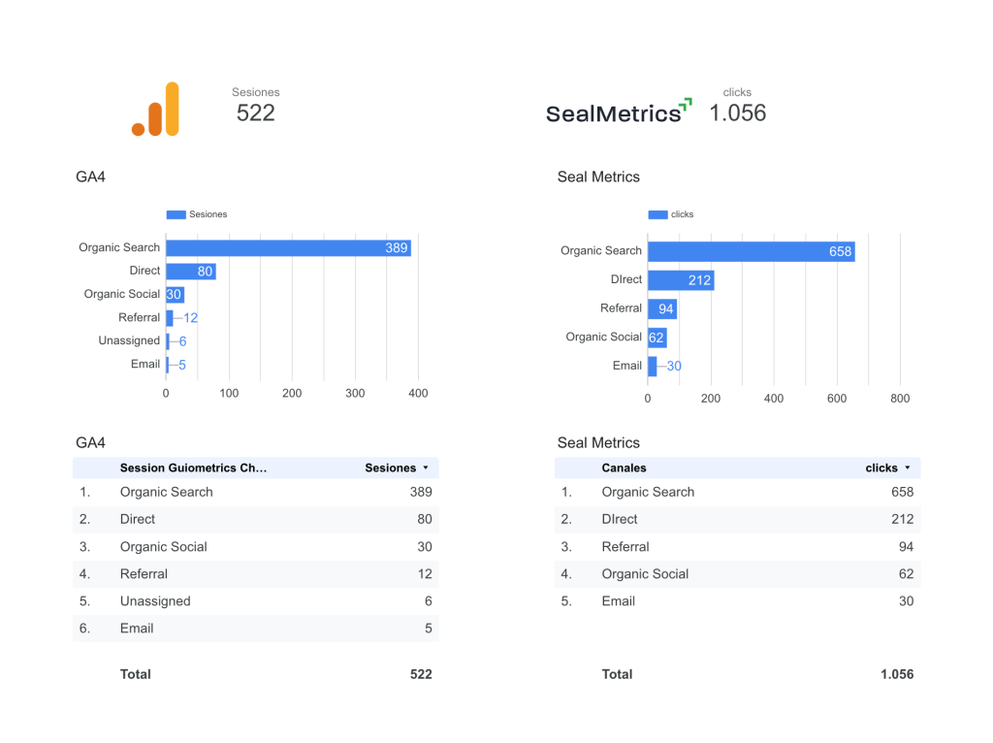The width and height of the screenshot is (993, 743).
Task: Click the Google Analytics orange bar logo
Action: (157, 110)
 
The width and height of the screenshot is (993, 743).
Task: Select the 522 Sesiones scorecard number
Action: (256, 113)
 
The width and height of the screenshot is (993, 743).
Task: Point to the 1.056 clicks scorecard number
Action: (737, 113)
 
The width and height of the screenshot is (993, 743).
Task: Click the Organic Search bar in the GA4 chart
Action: (288, 248)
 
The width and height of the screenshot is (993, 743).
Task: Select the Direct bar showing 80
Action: (190, 272)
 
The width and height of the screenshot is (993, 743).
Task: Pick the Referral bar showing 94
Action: (662, 308)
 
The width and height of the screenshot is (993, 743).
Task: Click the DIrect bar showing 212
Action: (680, 280)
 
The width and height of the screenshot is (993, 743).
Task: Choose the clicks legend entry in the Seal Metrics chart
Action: (671, 214)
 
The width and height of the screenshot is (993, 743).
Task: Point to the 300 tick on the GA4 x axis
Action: (356, 393)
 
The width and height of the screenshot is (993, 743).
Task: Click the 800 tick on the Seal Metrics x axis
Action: (899, 398)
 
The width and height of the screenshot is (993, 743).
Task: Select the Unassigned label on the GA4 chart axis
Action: (129, 340)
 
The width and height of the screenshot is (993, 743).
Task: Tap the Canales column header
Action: (624, 468)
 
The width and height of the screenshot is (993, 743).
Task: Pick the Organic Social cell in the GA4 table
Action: (163, 546)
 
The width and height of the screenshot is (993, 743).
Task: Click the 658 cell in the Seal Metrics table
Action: (902, 492)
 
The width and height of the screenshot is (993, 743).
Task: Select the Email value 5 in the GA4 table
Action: (427, 628)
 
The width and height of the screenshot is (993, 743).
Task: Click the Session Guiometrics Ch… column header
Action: (193, 468)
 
